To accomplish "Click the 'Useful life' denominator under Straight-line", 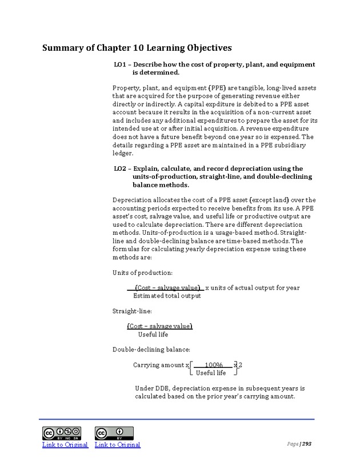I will [x=153, y=334].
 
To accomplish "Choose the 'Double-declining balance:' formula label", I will [x=151, y=349].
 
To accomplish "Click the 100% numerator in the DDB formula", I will [x=214, y=365].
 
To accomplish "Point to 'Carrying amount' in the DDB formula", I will [x=158, y=365].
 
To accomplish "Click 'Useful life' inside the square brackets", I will [x=211, y=373].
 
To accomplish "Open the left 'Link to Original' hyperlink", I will [x=65, y=444].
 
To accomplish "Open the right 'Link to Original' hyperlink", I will [x=117, y=444].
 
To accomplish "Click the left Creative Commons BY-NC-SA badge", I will [x=61, y=433].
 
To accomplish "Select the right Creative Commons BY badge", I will [x=114, y=433].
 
